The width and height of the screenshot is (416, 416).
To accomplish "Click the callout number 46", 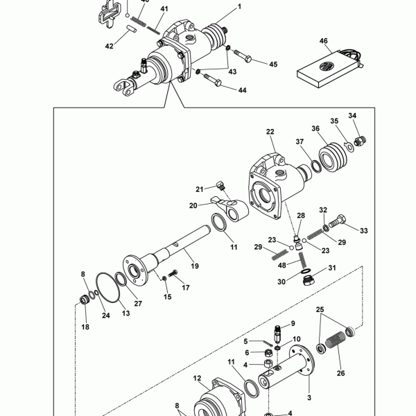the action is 323,41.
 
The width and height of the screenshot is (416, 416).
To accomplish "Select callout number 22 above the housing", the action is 270,132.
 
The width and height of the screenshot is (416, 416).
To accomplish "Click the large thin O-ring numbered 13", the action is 107,287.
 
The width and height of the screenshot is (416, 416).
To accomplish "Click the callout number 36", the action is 315,128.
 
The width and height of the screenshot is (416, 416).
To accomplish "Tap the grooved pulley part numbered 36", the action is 333,157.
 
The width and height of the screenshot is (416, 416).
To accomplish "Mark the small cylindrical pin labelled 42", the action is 131,29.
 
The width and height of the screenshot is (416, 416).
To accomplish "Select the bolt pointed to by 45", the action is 243,55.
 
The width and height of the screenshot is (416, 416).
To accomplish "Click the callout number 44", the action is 242,90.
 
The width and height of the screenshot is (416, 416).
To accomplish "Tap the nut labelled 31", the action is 308,280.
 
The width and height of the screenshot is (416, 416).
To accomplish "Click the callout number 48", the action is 282,265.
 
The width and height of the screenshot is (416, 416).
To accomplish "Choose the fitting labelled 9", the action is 277,334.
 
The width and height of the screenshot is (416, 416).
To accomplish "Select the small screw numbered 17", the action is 173,274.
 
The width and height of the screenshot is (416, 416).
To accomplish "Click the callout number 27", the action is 138,303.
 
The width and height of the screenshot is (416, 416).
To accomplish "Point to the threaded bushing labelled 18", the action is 85,301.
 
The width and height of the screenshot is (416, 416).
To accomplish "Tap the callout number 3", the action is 309,397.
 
